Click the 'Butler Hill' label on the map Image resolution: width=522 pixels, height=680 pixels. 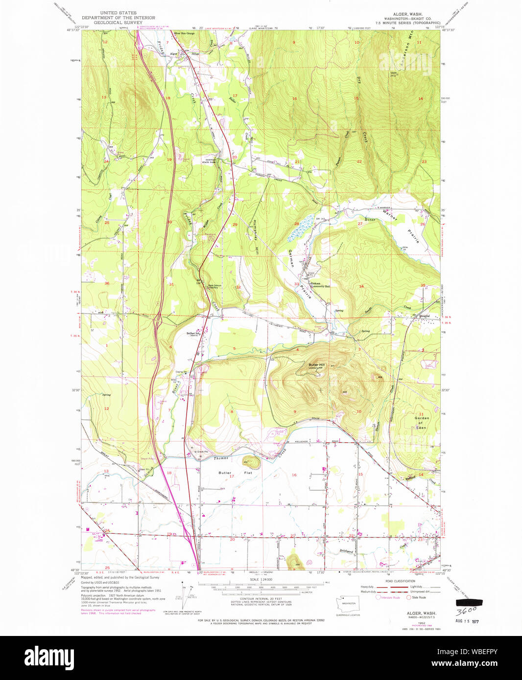click(x=316, y=365)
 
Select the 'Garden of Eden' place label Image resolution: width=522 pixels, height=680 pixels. click(x=421, y=423)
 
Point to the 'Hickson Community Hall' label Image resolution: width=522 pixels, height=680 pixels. click(x=321, y=285)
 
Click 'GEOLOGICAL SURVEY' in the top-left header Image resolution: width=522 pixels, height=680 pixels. click(x=118, y=23)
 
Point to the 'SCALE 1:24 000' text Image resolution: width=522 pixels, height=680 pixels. click(x=261, y=579)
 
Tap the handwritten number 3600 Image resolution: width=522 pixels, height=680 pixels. click(x=467, y=611)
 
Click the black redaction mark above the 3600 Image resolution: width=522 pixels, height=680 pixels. click(x=469, y=602)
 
